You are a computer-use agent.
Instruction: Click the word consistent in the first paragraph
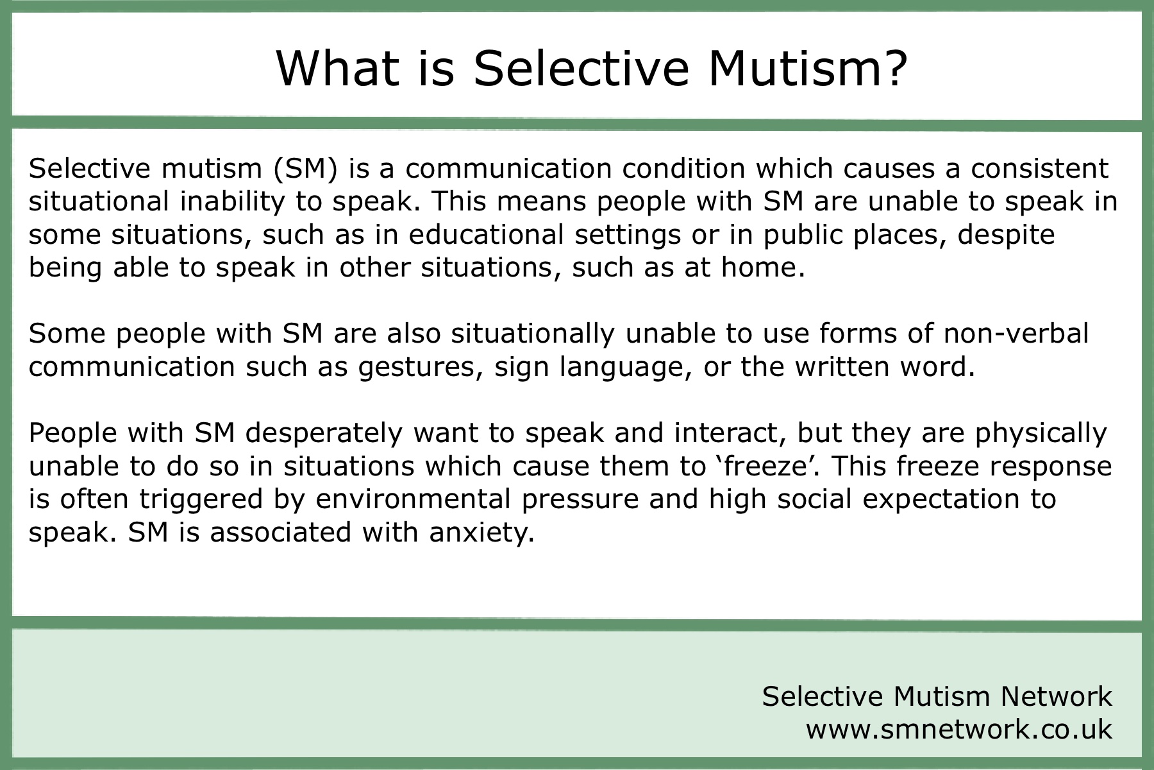click(1039, 168)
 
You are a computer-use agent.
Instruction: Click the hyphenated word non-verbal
click(1017, 334)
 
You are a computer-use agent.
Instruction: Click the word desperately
click(324, 433)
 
